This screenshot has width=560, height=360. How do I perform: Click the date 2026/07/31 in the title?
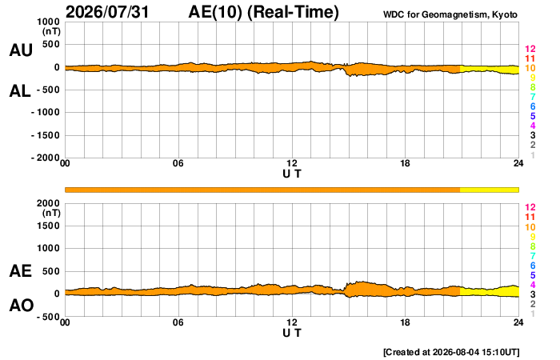point(107,12)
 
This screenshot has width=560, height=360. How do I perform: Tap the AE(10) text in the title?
point(215,12)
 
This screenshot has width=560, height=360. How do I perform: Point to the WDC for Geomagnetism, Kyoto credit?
point(450,14)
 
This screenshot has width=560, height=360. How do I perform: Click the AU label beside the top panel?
point(21,50)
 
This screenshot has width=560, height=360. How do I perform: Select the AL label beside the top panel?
point(20,91)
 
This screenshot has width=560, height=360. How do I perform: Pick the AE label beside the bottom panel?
point(21,271)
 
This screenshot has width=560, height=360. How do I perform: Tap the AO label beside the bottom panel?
point(22,306)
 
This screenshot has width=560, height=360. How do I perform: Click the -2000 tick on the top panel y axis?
point(46,158)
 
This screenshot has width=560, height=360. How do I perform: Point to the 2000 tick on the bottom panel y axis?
point(48,203)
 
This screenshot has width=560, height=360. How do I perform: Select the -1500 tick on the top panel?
point(46,135)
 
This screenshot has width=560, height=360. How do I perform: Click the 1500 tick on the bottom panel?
point(48,226)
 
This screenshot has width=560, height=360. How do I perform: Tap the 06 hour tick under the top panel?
point(178,163)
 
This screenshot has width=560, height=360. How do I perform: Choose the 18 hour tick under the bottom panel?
point(405,322)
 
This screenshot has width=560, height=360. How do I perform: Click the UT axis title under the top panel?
point(292,174)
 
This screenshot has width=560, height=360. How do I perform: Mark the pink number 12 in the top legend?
point(530,49)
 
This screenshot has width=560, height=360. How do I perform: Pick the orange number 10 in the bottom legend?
point(530,227)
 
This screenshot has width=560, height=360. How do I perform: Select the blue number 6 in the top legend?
point(533,106)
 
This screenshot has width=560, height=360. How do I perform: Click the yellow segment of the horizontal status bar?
point(490,190)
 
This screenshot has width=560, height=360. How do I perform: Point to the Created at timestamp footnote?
point(451,352)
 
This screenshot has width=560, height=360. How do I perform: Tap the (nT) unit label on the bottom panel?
point(51,213)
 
